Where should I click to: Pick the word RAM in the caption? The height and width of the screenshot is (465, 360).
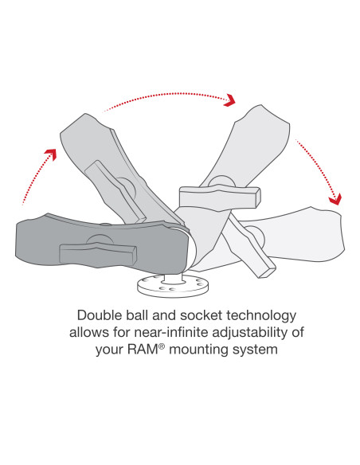click(x=143, y=350)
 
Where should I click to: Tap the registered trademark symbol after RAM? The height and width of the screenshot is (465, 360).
click(x=162, y=346)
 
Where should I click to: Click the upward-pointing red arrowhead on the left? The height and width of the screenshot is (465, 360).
click(x=50, y=154)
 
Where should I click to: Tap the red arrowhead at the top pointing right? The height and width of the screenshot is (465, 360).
click(x=229, y=100)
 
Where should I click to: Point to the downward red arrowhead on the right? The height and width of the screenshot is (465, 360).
click(x=335, y=200)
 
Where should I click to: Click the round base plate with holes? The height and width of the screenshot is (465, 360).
click(x=173, y=285)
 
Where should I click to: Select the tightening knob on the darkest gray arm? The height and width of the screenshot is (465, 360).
click(x=98, y=252)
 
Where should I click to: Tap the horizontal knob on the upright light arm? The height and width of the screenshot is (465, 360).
click(x=220, y=196)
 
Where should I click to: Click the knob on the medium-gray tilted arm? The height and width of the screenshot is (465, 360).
click(x=115, y=192)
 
